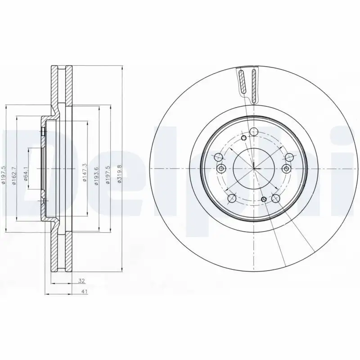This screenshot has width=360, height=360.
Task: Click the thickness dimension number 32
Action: (82, 281)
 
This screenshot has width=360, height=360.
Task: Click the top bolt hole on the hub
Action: (254, 131)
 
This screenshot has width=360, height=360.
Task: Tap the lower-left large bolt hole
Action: (232, 198)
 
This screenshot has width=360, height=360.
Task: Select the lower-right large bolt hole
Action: (275, 198)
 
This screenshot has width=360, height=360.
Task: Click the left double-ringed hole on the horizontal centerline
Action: (221, 169)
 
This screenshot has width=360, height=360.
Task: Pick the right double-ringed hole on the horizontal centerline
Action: (287, 169)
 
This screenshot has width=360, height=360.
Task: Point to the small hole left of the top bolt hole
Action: (243, 138)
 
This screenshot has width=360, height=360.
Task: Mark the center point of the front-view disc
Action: (254, 169)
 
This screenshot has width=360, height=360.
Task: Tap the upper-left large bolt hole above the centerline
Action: (219, 157)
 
